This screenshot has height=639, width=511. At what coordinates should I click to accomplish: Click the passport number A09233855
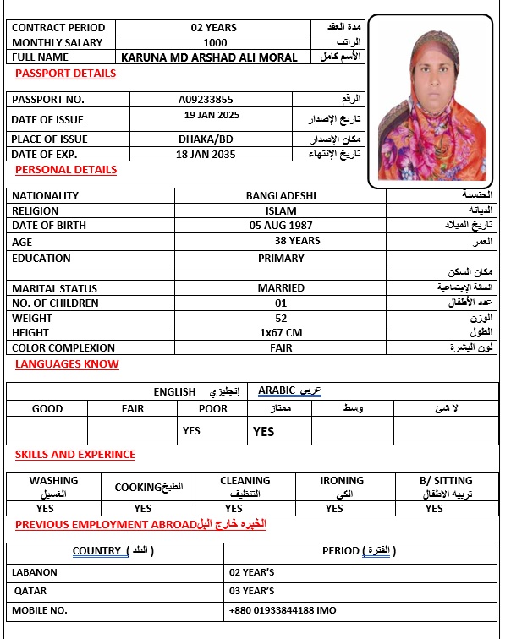point(217,99)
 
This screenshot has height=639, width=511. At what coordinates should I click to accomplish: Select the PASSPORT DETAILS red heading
point(65,74)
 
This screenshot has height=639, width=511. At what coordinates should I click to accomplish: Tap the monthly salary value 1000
point(216,42)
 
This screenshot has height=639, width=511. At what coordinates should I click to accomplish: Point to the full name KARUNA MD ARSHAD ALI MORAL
point(210,57)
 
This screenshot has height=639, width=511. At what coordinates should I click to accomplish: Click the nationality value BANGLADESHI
point(281,195)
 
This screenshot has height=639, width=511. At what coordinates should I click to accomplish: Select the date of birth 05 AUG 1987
point(281,226)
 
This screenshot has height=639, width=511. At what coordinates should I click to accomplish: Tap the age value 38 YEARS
point(297,241)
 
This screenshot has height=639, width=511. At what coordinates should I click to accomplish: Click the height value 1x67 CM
point(281,333)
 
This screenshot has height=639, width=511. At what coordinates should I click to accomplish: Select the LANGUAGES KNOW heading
point(67,364)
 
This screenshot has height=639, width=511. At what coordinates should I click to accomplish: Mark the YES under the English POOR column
point(191,431)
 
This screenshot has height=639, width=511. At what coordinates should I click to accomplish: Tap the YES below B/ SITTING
point(434,508)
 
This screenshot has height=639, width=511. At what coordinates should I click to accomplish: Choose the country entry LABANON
point(35,572)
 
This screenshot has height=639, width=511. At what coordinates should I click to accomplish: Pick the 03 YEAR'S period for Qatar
point(252,591)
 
